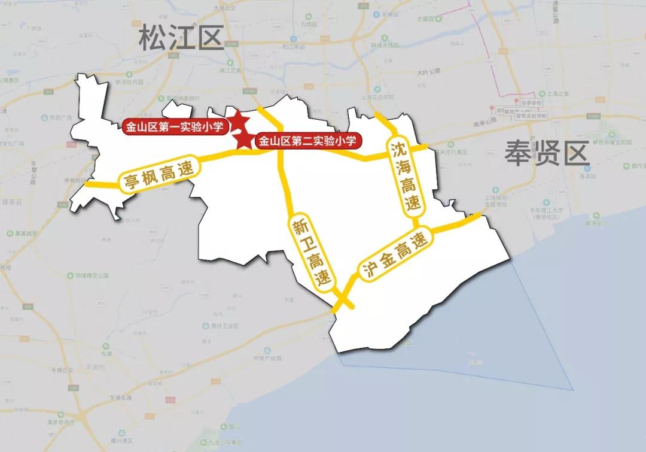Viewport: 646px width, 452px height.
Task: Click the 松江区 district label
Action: [181, 39]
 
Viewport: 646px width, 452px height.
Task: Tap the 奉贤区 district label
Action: [547, 153]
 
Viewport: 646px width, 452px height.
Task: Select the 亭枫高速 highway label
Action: [160, 175]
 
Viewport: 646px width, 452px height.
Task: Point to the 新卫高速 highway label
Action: [312, 252]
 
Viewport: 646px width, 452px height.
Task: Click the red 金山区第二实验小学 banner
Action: [309, 141]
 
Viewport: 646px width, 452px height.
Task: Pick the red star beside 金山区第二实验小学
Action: [244, 141]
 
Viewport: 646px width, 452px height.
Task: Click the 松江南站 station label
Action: [294, 46]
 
